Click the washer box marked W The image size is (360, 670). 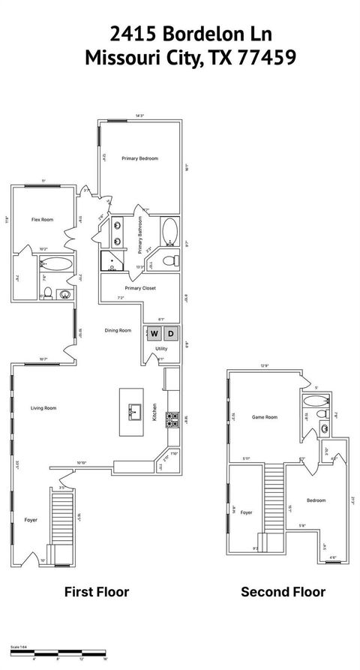click(154, 333)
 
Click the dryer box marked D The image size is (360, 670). click(170, 333)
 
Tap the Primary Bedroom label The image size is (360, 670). click(140, 158)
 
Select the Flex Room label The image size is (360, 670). click(42, 220)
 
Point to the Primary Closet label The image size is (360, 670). click(139, 288)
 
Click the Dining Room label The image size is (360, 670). click(118, 330)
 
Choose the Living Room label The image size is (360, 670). click(43, 408)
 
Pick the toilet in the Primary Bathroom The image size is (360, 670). click(170, 260)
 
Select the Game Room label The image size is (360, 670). click(265, 417)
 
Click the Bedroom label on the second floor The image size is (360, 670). click(316, 500)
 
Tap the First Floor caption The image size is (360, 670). click(97, 592)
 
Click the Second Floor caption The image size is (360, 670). click(283, 592)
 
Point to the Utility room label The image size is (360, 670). click(161, 349)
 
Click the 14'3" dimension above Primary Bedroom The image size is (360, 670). click(139, 116)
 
